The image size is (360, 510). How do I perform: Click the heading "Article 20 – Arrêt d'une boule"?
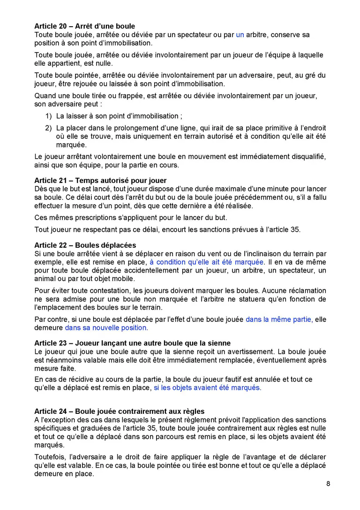pos(84,26)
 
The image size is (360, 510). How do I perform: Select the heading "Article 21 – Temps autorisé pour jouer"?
pos(100,180)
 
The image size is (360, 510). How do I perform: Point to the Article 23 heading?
pos(132,343)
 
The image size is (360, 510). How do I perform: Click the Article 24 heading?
pos(119,411)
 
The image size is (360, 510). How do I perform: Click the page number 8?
pos(328,484)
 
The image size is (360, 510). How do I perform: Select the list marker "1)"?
pos(48,116)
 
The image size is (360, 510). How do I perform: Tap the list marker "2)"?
pos(48,128)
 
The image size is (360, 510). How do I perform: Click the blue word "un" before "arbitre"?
pos(240,35)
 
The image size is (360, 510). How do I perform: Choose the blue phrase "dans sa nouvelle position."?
pos(106,328)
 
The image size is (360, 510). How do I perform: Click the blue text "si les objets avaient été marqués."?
pos(208,388)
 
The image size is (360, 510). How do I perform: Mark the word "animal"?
pos(45,279)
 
